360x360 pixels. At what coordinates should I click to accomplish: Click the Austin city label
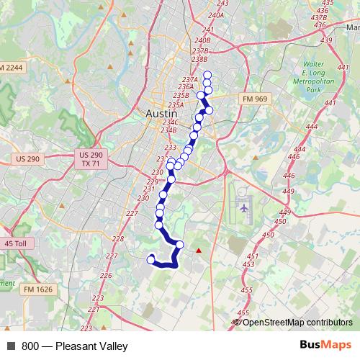[161, 114]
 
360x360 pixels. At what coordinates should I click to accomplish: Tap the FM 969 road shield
[255, 98]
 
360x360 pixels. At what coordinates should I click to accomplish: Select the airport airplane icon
[243, 207]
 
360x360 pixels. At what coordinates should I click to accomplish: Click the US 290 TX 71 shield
[91, 159]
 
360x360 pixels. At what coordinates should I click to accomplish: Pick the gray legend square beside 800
[11, 345]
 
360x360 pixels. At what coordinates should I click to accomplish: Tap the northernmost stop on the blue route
[207, 75]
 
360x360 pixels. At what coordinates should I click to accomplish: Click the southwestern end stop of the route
[151, 259]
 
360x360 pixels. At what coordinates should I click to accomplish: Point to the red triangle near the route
[199, 250]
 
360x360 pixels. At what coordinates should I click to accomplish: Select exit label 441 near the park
[330, 104]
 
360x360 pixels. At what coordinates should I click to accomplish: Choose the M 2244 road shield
[12, 67]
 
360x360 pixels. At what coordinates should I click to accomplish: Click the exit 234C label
[170, 122]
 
